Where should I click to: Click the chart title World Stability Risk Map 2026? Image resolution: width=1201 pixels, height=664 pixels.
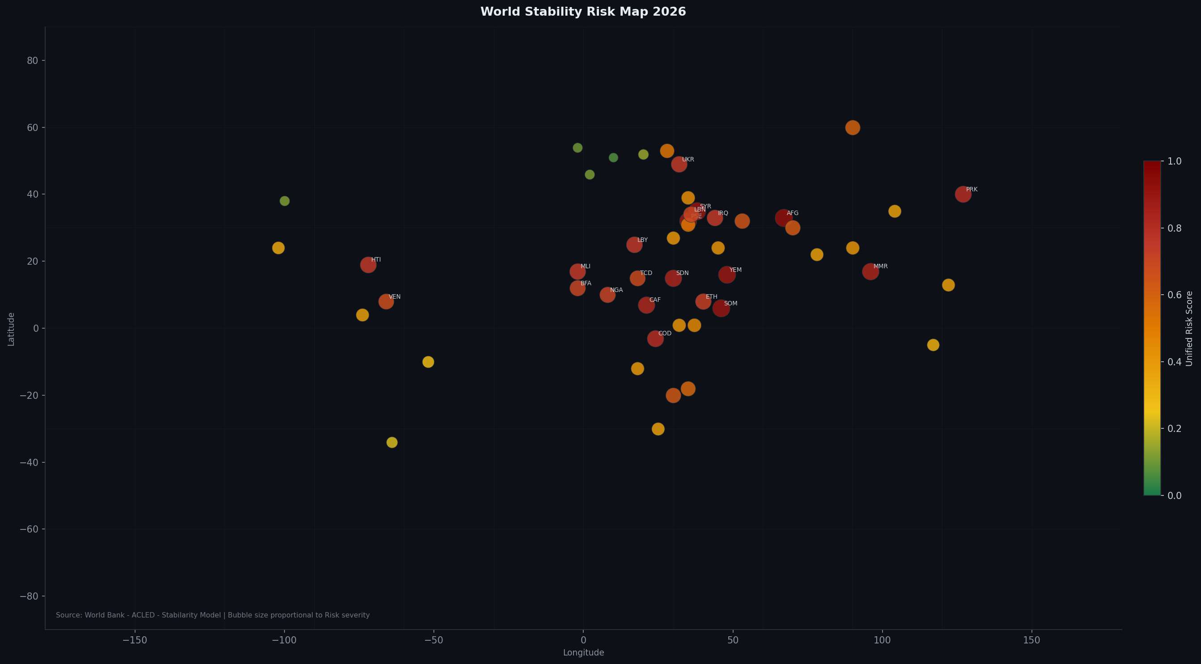583,12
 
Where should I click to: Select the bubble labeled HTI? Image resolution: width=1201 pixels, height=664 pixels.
368,265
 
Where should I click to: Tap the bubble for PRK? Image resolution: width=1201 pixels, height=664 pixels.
963,195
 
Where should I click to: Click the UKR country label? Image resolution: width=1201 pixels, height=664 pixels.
687,159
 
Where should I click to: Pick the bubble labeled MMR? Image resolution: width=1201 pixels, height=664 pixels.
870,272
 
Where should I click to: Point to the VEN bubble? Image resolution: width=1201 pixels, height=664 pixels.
386,301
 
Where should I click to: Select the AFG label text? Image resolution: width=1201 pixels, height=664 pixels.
792,213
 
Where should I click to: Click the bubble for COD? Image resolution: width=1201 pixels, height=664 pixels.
655,339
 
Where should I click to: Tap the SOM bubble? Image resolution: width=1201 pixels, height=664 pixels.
721,309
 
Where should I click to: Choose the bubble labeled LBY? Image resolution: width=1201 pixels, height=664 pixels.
634,245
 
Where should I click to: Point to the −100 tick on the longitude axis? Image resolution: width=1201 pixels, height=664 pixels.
284,641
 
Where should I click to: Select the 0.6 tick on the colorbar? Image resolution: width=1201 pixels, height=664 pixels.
1174,295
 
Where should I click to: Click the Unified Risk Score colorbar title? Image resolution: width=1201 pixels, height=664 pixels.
1189,329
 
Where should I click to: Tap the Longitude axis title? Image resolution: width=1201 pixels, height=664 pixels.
583,653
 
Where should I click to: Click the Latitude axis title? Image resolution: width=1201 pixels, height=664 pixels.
11,329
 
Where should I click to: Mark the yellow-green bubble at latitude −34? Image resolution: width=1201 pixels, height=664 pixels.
392,442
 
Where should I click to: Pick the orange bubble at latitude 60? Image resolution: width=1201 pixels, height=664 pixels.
852,128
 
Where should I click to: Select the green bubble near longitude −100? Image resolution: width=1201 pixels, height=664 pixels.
284,201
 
